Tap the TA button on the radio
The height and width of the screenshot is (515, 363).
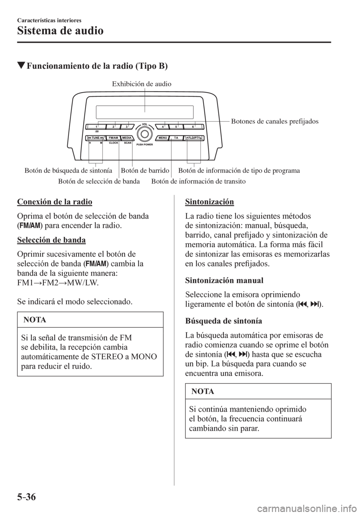click(x=176, y=138)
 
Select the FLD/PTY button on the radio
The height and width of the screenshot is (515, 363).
click(x=194, y=138)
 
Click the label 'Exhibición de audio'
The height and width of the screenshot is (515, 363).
click(x=141, y=84)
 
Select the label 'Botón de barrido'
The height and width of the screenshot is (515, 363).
click(x=145, y=171)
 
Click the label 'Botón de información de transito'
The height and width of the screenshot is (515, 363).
click(x=198, y=181)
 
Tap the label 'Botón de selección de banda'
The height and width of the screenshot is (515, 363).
click(x=99, y=181)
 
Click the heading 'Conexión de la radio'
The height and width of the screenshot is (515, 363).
click(x=54, y=201)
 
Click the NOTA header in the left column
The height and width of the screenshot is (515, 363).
click(x=35, y=320)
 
